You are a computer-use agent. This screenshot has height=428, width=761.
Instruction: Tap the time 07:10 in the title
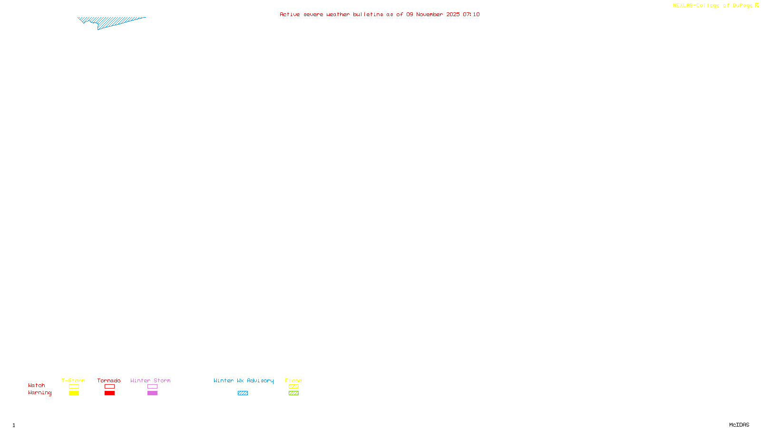[471, 14]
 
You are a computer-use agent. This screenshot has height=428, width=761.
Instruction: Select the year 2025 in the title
[453, 14]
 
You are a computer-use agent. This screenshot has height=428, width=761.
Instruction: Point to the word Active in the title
[290, 14]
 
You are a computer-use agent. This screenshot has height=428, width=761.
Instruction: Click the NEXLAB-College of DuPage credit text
[712, 5]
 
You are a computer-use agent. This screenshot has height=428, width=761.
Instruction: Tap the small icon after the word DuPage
[757, 5]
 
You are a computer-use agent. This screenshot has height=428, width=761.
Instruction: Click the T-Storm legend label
[73, 380]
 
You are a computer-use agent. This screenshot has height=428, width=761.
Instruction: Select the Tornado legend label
[109, 380]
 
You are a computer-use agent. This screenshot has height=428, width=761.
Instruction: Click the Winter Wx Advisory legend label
[244, 380]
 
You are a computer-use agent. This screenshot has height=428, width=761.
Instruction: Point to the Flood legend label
[293, 380]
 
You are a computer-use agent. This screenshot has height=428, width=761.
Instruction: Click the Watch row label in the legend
[37, 385]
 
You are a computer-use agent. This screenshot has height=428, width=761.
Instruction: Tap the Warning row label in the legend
[40, 393]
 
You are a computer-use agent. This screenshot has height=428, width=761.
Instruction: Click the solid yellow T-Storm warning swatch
[74, 393]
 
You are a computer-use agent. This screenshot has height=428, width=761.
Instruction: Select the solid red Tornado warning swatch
[110, 393]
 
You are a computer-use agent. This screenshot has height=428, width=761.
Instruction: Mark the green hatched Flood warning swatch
[293, 393]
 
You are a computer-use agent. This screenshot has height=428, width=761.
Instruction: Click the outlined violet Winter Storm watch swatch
[152, 387]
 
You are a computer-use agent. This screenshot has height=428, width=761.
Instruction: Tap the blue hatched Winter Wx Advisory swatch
[243, 393]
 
